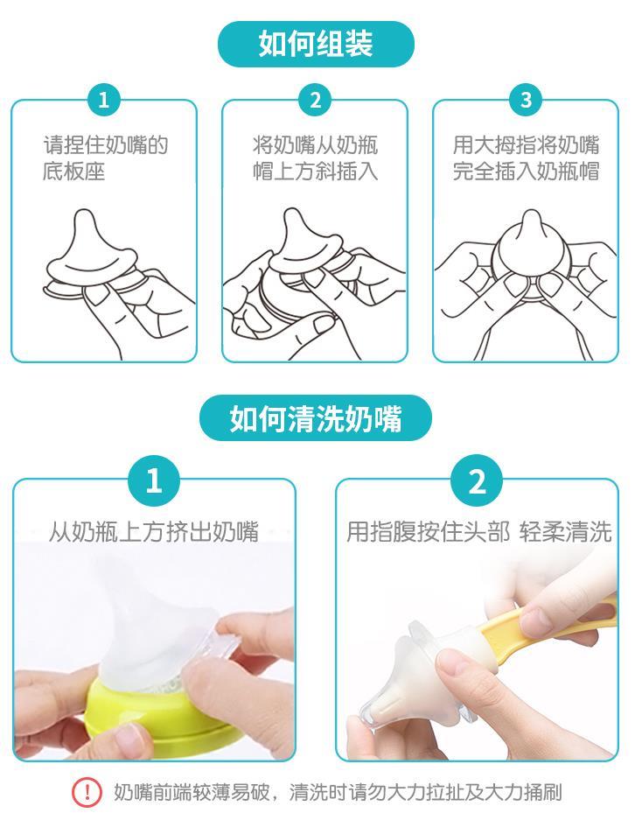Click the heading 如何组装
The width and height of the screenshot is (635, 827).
click(x=316, y=44)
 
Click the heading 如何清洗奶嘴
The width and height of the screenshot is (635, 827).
click(x=316, y=418)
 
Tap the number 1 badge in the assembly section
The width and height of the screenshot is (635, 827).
click(x=104, y=100)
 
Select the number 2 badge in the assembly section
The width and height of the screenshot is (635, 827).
click(x=315, y=100)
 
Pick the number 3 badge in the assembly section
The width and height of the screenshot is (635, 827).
click(x=526, y=100)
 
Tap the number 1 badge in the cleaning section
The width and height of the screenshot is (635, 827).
click(x=153, y=481)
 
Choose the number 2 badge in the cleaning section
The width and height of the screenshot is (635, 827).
click(x=477, y=481)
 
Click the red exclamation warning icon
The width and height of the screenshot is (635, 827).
click(x=87, y=792)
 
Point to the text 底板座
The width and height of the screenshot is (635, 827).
click(x=73, y=172)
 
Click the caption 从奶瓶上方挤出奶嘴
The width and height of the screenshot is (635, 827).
click(x=154, y=532)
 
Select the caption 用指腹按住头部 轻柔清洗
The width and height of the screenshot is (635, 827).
click(x=478, y=532)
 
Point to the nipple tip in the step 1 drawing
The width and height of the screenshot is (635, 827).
click(x=84, y=216)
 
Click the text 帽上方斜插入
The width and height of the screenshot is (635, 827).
click(x=315, y=172)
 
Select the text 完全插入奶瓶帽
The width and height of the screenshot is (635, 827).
click(x=526, y=172)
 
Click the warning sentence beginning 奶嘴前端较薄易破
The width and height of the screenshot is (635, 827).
click(x=338, y=792)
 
